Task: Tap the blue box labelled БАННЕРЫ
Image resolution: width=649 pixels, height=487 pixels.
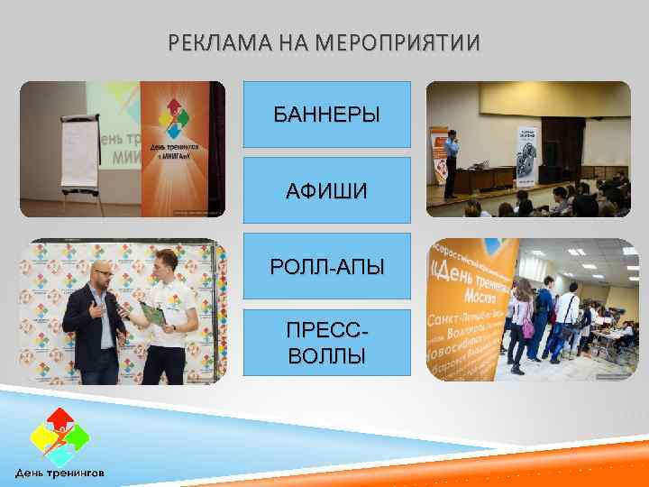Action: click(x=327, y=115)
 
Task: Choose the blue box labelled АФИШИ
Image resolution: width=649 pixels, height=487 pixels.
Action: click(x=327, y=190)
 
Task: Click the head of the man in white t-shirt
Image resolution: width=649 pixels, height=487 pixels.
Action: click(x=166, y=267)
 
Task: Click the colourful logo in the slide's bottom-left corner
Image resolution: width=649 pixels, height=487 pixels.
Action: click(x=59, y=437)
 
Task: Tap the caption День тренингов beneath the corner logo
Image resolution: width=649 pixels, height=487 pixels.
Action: click(x=59, y=472)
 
